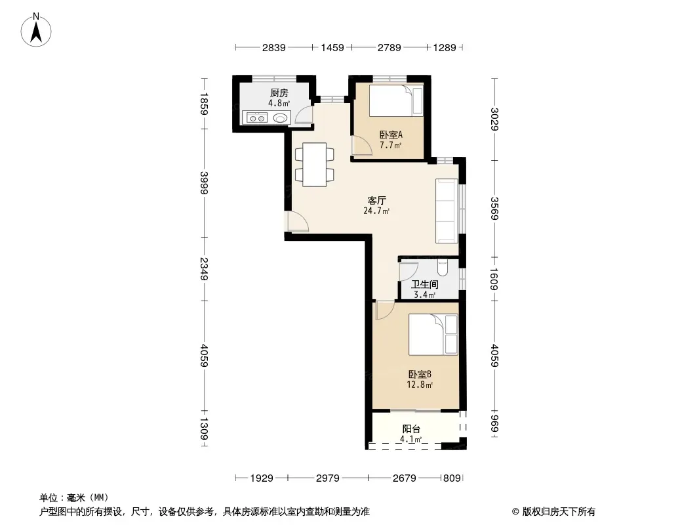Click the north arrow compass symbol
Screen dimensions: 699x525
pyautogui.click(x=36, y=30)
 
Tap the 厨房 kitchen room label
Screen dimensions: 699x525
pyautogui.click(x=279, y=93)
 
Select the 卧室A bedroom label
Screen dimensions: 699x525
pyautogui.click(x=391, y=135)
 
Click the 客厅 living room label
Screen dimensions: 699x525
pyautogui.click(x=376, y=201)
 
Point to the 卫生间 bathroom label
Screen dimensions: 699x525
pyautogui.click(x=424, y=285)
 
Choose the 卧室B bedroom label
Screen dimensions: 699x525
pyautogui.click(x=420, y=374)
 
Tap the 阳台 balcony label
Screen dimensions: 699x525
pyautogui.click(x=411, y=429)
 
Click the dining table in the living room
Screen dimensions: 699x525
pyautogui.click(x=314, y=165)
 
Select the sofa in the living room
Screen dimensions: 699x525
pyautogui.click(x=447, y=211)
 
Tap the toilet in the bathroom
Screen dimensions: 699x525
pyautogui.click(x=442, y=268)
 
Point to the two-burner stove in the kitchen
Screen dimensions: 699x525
pyautogui.click(x=257, y=118)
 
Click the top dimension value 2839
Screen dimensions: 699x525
pyautogui.click(x=273, y=47)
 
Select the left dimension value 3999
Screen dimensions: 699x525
pyautogui.click(x=204, y=183)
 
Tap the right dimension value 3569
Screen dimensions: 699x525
pyautogui.click(x=494, y=208)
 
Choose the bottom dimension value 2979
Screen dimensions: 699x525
pyautogui.click(x=328, y=478)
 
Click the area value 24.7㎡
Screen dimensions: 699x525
pyautogui.click(x=376, y=211)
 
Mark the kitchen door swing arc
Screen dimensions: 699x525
pyautogui.click(x=303, y=112)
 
